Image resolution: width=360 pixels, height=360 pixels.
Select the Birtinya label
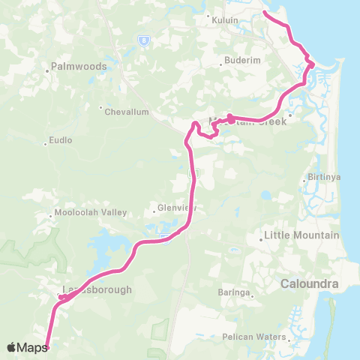(x=315, y=180)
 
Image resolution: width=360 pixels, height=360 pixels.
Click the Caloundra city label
(x=310, y=285)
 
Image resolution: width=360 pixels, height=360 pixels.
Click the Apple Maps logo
(x=26, y=347)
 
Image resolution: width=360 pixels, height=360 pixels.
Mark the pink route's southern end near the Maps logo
(x=47, y=346)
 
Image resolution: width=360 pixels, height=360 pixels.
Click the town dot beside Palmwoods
(x=48, y=70)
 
